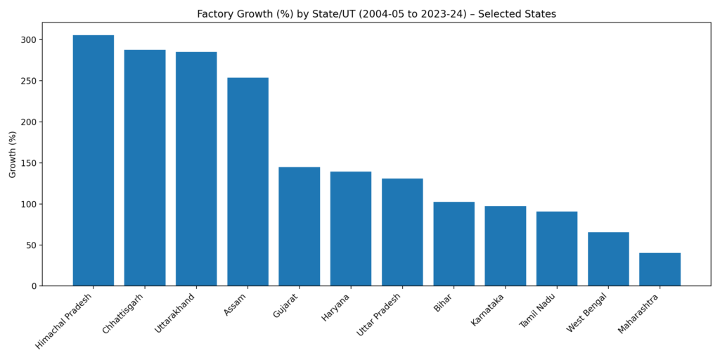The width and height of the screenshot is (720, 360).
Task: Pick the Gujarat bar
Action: point(299,226)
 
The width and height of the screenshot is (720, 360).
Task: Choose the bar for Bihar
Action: point(454,244)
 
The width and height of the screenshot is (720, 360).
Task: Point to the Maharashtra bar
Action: point(660,269)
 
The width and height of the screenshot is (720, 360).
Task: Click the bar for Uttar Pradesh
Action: point(402,232)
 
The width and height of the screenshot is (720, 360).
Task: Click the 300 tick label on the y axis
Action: point(27,40)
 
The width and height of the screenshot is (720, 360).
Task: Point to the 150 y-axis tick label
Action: point(27,163)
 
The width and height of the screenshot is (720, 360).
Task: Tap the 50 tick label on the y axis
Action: point(30,245)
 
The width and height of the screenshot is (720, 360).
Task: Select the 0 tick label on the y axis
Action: point(33,286)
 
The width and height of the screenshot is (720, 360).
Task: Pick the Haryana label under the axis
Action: point(336,308)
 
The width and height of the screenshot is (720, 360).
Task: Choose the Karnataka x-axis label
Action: point(488,310)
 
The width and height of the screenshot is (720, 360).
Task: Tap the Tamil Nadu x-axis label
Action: point(538,311)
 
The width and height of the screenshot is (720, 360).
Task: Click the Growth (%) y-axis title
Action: point(13,154)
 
